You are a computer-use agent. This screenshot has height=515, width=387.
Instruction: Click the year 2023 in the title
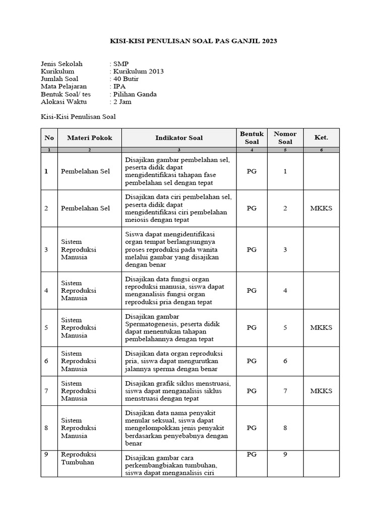pos(268,41)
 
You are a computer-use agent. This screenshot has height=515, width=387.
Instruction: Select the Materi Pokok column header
pos(86,138)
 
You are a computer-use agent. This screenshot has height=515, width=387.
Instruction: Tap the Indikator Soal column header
pos(179,138)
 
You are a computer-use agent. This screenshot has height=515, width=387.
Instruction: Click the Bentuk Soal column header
pos(251,138)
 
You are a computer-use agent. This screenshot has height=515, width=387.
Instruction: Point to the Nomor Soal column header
pos(285,138)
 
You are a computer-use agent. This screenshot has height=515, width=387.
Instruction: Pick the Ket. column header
pos(321,138)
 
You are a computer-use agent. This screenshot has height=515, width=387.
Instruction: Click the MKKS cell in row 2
pos(321,208)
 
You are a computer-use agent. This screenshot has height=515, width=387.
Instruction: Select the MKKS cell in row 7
pos(321,391)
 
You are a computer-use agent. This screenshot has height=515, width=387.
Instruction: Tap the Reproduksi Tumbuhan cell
pos(78,458)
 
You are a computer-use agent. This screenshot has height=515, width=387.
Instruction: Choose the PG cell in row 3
pos(251,249)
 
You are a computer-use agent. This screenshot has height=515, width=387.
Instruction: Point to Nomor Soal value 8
pos(285,428)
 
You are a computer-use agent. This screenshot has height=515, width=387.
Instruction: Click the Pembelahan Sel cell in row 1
pos(85,171)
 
